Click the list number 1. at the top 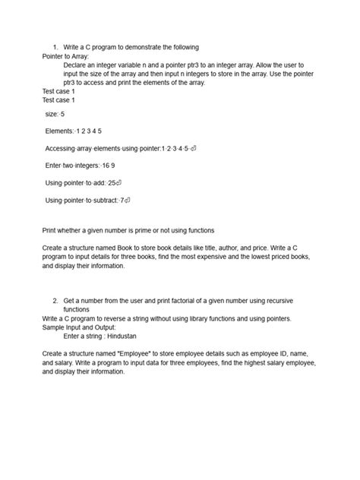(55, 47)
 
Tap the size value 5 (62, 114)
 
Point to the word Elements (60, 131)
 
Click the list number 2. (55, 301)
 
